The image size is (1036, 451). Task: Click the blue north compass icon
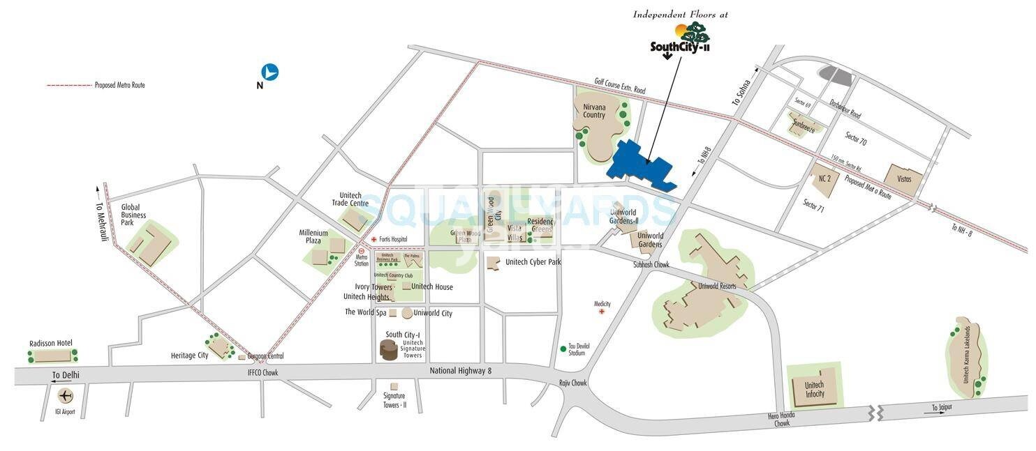point(270,72)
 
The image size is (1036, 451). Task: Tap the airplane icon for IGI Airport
point(66,397)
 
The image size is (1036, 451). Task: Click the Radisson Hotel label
point(51,344)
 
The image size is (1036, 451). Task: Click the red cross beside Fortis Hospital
point(374,240)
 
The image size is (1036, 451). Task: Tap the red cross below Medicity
point(602,312)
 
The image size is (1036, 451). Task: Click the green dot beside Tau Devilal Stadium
point(563,349)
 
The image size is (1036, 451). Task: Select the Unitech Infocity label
point(814,390)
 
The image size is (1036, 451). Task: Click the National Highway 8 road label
point(461,371)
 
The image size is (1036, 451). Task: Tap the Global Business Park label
point(133,215)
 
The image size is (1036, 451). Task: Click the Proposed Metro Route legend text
point(119,85)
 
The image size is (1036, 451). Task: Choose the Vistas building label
point(904,179)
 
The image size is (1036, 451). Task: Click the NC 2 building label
point(824,178)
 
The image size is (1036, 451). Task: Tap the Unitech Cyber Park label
point(533,262)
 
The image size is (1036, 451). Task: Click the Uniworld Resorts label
point(712,286)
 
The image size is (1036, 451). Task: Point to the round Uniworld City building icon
point(407,313)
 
